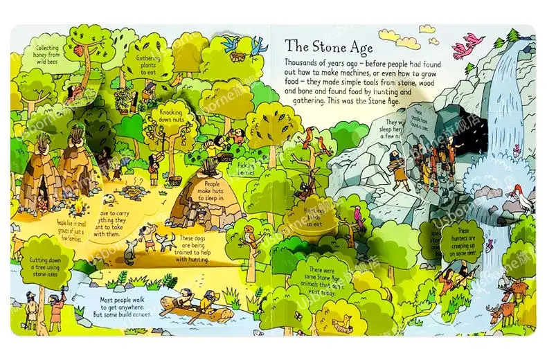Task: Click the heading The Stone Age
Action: (329, 48)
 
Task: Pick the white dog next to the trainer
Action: (166, 239)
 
